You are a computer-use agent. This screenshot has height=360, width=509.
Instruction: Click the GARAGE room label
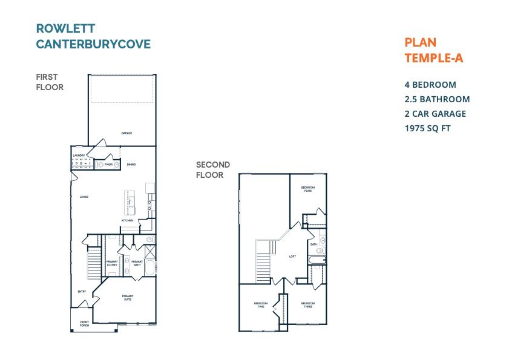coord(126,133)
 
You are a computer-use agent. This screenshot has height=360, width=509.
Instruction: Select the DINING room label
coord(131,164)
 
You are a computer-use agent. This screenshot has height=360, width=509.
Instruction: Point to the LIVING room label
coord(84,197)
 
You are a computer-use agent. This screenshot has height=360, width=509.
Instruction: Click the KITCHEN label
coord(127,220)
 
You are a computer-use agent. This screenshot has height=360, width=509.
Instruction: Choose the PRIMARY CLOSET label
coord(112,263)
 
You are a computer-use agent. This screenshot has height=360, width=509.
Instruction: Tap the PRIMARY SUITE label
coord(128,297)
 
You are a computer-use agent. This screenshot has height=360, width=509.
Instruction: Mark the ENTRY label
coord(82,292)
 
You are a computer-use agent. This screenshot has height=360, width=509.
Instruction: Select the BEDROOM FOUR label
coord(307,189)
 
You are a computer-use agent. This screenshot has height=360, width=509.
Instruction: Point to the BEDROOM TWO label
coord(260,304)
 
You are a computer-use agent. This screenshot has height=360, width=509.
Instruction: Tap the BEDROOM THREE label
coord(308,304)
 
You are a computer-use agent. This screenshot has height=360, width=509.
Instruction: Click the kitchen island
coord(130,202)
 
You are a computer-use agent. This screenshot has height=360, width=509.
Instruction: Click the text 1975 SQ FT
coord(427,128)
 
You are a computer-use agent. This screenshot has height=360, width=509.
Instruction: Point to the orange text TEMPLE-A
coord(433,58)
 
